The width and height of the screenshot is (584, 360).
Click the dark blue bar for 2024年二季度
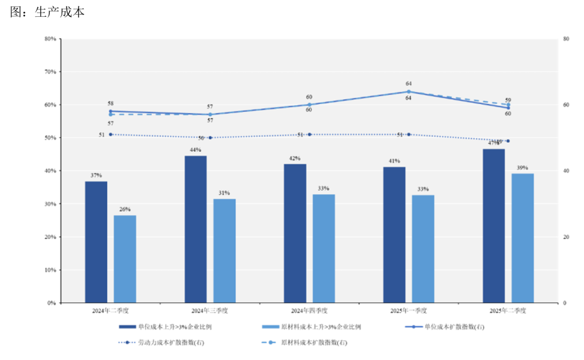tap(96, 242)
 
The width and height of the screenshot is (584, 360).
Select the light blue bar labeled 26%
tap(124, 259)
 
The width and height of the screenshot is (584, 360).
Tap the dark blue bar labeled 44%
tap(195, 229)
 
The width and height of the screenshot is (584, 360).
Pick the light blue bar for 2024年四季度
tap(323, 249)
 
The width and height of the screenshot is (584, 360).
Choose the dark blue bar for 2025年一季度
tap(394, 235)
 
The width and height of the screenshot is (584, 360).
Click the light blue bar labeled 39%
tap(522, 238)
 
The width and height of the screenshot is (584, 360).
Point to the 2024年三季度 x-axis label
tap(209, 311)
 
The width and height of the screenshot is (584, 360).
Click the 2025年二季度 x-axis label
tap(508, 311)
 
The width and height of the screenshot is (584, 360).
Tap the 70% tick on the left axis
tap(50, 72)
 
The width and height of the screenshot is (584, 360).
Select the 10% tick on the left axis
tap(50, 270)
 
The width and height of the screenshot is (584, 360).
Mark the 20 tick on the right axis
tap(566, 237)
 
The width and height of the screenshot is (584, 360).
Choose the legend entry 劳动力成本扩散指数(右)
tap(179, 343)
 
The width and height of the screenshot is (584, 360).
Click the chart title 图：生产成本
tap(47, 12)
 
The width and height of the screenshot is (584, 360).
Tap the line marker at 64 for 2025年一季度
tap(408, 91)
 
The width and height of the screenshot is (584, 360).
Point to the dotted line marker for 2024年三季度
tap(210, 138)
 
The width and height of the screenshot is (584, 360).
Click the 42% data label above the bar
tap(295, 158)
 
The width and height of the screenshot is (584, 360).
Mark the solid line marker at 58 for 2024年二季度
tap(110, 111)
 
